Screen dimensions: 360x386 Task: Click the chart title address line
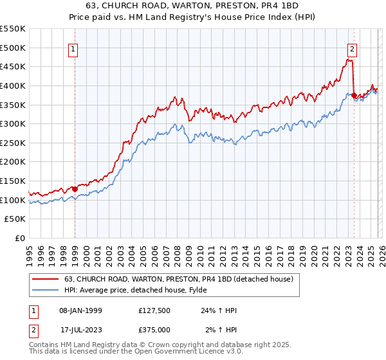click(x=192, y=6)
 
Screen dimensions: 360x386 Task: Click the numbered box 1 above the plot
click(x=74, y=49)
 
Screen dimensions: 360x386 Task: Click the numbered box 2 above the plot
click(x=353, y=49)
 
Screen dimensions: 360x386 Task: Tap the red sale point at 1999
click(x=75, y=189)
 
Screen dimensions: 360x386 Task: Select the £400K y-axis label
click(x=14, y=85)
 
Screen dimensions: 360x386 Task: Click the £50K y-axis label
click(x=16, y=219)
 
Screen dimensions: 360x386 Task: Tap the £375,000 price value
click(x=155, y=330)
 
